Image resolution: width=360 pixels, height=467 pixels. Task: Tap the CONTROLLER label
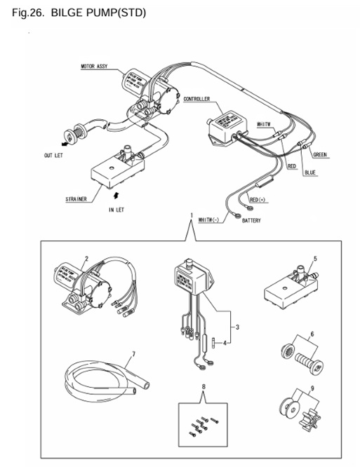pyautogui.click(x=199, y=100)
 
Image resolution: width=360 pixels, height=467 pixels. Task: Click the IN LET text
pyautogui.click(x=116, y=210)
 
